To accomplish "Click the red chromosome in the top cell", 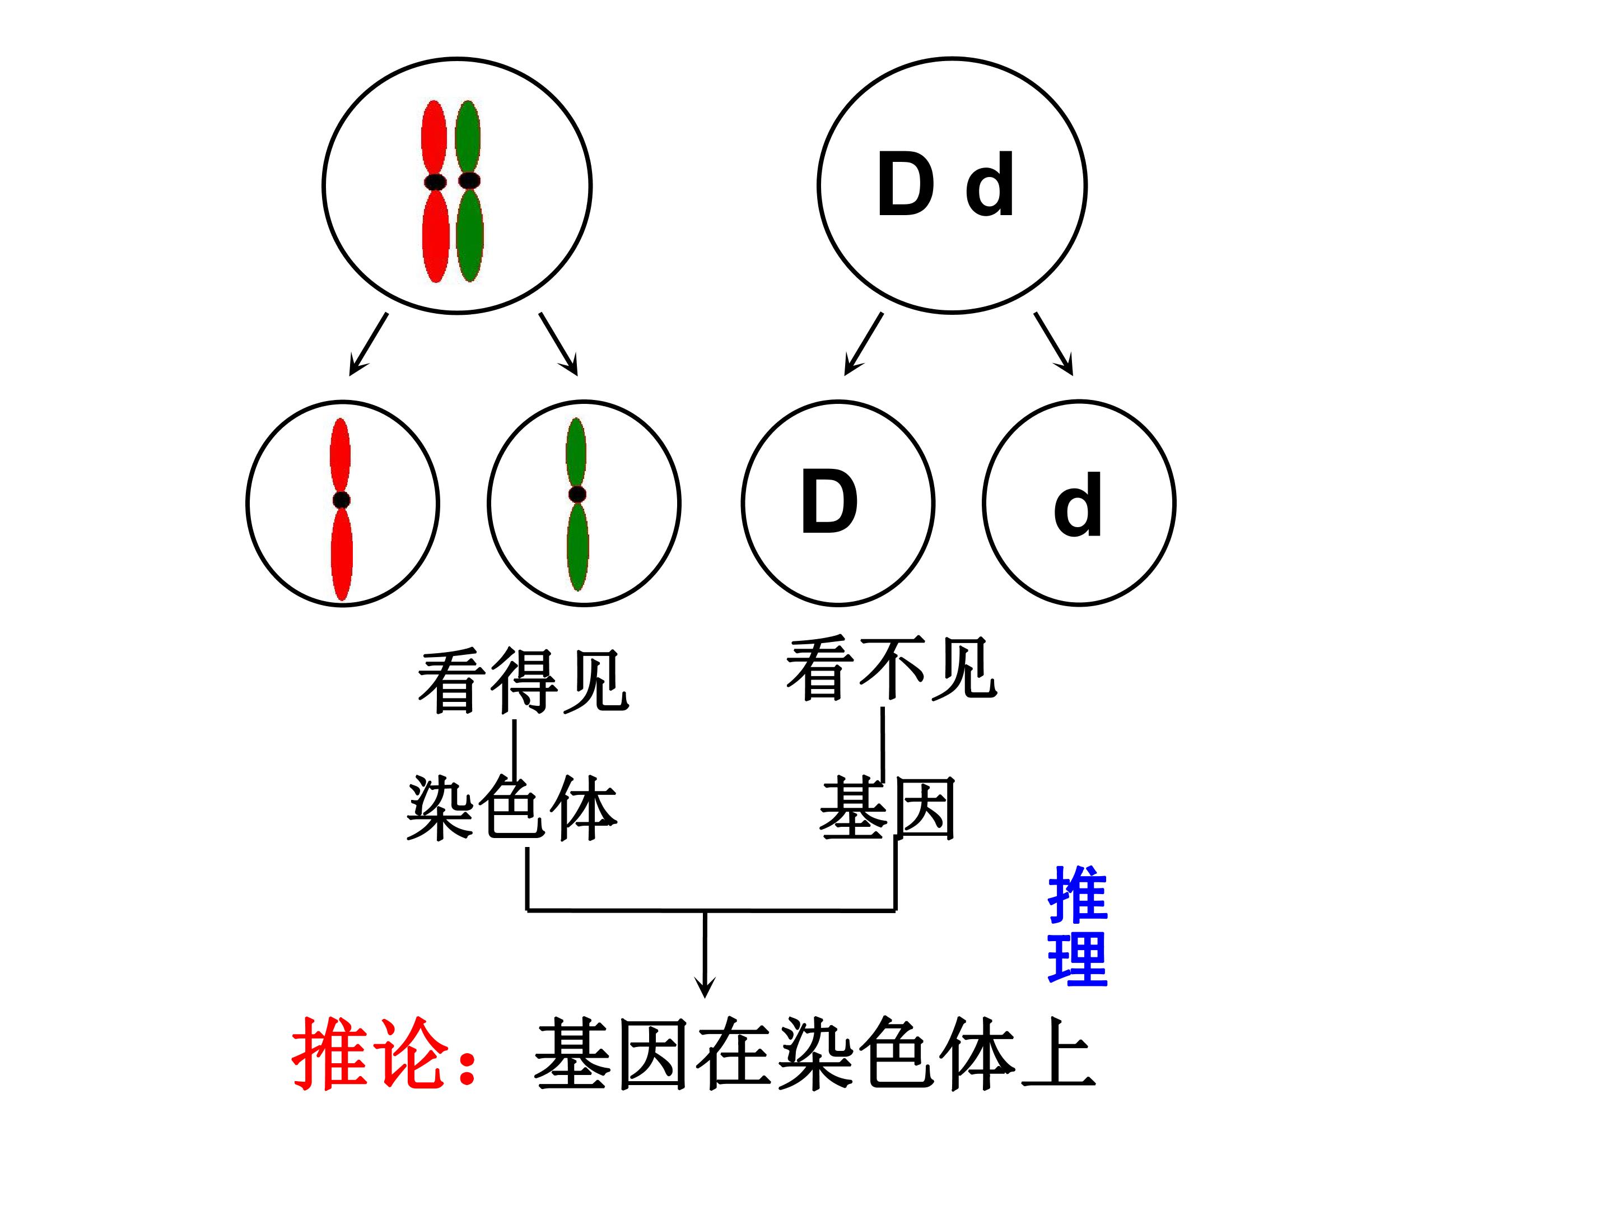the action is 435,191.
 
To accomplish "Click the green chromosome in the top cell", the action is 468,191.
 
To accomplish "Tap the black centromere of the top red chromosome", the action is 435,181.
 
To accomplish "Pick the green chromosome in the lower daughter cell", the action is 577,503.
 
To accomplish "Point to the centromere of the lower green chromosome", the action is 577,494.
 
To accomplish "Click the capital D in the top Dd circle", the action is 906,184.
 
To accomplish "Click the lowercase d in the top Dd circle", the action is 990,184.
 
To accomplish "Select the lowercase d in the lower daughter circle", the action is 1077,504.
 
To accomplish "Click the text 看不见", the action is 891,668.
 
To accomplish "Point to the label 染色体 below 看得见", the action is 512,808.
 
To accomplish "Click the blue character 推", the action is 1078,895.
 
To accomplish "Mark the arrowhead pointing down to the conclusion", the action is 705,986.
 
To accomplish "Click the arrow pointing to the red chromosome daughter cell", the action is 369,345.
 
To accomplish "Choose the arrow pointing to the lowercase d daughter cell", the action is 1053,345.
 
